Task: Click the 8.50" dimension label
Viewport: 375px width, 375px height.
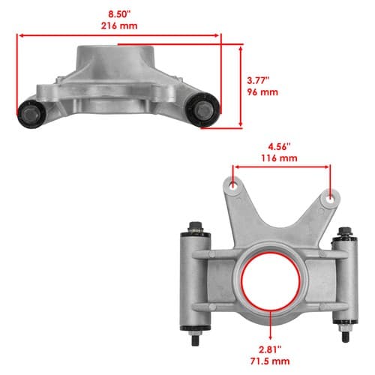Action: [x=119, y=14]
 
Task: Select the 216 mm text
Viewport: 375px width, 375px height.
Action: [x=119, y=26]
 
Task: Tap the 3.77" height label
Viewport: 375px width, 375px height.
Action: [x=258, y=80]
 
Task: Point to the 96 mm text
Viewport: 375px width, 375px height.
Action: [x=262, y=92]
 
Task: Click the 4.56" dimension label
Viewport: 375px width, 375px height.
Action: [x=279, y=146]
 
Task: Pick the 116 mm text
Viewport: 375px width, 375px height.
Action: [x=279, y=158]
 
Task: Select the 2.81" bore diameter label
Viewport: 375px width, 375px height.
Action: [x=270, y=349]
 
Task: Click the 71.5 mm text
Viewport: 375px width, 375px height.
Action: [x=270, y=361]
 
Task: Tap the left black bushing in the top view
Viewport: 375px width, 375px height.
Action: [x=31, y=114]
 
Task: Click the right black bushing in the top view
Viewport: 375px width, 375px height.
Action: [x=203, y=109]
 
